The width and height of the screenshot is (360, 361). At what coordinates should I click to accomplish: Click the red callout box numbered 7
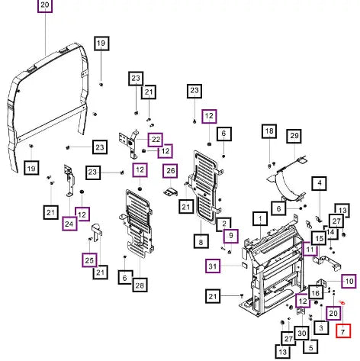click(343, 330)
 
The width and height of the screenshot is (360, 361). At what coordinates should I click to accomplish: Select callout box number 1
click(260, 219)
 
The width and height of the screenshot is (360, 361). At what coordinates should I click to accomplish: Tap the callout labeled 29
click(294, 136)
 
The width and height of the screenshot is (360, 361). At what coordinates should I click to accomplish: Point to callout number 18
click(269, 131)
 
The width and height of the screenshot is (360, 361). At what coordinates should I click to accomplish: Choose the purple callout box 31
click(213, 266)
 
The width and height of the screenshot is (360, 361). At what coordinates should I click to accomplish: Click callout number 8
click(201, 241)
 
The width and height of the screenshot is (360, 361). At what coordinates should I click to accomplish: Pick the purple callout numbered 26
click(170, 171)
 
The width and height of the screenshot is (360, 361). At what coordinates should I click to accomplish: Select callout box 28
click(140, 285)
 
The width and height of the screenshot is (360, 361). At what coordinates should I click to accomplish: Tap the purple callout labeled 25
click(89, 260)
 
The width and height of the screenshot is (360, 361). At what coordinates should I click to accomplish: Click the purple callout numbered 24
click(69, 224)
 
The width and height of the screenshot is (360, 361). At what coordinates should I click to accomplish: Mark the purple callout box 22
click(156, 140)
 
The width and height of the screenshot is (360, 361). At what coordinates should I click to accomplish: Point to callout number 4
click(320, 183)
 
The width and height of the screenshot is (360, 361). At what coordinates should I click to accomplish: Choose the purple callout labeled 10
click(349, 281)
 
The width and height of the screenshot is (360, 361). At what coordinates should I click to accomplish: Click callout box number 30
click(302, 333)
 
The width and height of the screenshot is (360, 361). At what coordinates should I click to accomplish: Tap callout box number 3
click(321, 327)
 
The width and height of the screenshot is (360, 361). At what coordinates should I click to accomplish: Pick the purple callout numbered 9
click(231, 236)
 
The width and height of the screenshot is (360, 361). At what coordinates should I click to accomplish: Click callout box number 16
click(316, 292)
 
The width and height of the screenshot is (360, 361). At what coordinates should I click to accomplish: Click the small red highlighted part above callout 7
click(342, 302)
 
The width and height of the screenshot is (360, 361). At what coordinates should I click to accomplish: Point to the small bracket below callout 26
click(170, 192)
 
